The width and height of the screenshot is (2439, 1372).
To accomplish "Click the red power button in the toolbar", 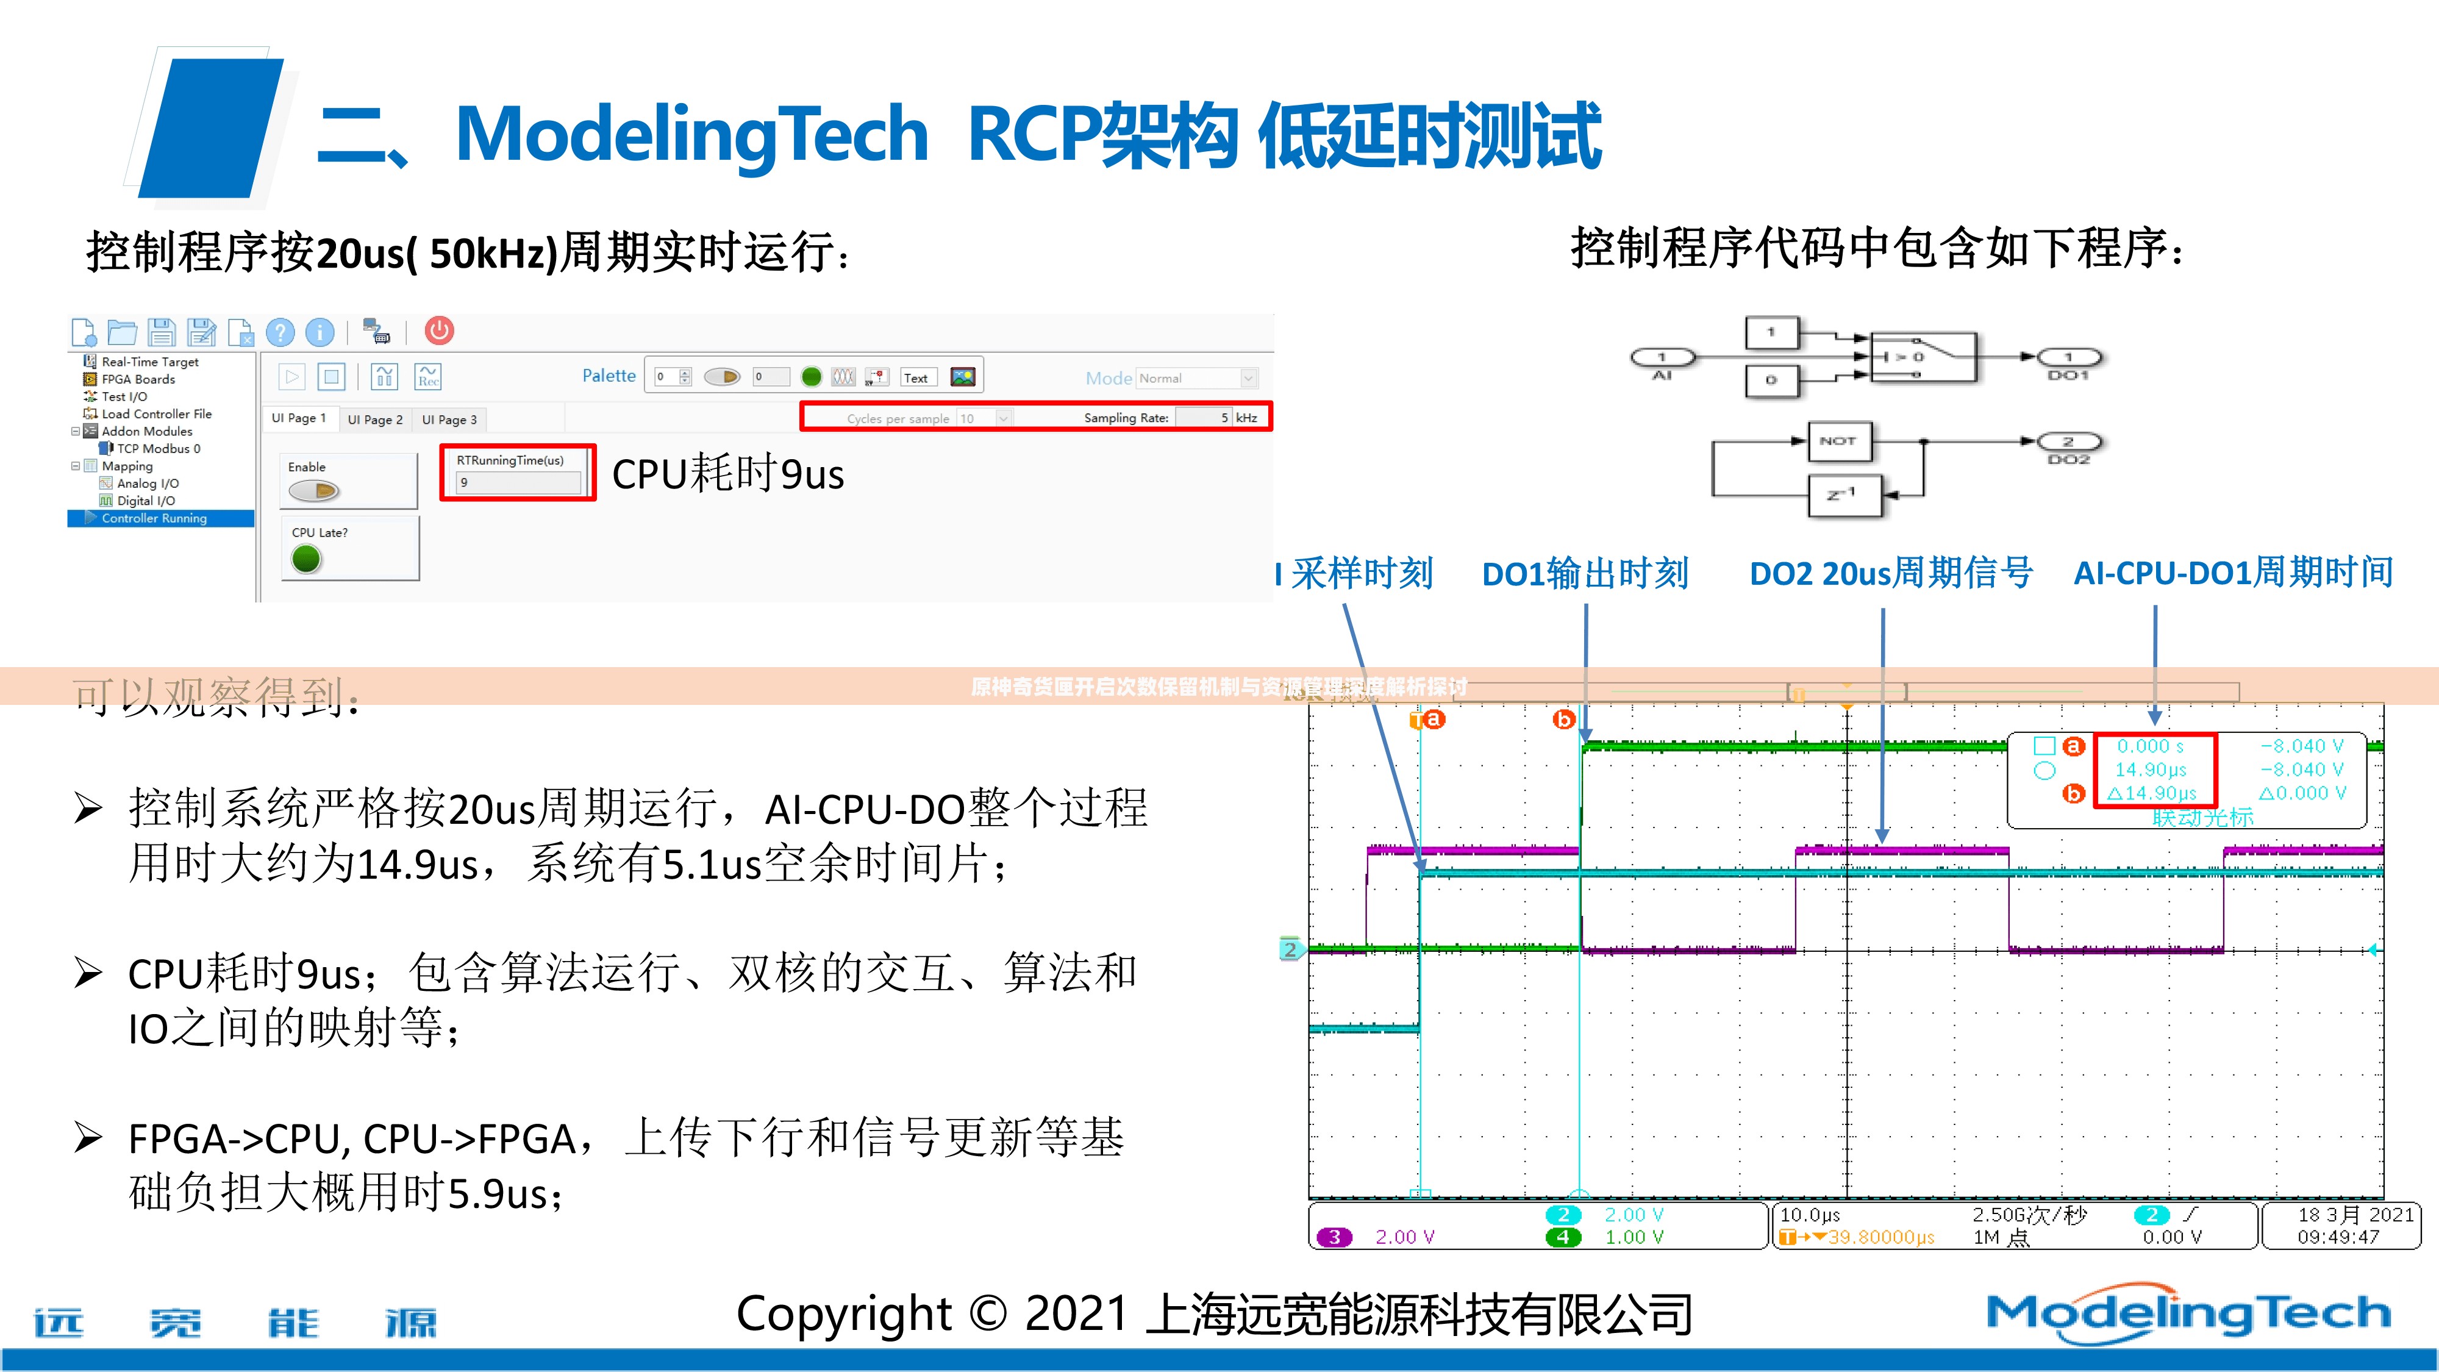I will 438,330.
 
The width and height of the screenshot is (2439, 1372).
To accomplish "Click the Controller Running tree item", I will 154,518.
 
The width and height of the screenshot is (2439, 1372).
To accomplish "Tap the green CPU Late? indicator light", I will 306,560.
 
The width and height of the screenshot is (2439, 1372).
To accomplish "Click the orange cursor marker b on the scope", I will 1563,720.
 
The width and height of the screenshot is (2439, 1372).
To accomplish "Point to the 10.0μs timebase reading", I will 1809,1215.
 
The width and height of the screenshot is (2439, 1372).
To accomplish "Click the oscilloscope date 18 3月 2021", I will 2355,1215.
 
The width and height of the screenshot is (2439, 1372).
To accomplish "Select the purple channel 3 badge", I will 1334,1237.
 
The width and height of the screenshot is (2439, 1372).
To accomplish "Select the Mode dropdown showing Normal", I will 1197,378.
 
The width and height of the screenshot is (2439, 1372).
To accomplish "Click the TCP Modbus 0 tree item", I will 158,449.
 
